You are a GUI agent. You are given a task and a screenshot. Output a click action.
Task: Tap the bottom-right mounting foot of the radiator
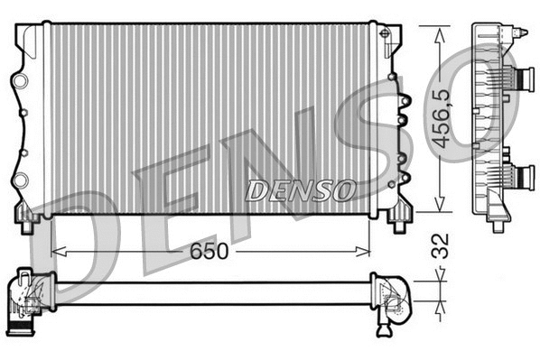(x=398, y=217)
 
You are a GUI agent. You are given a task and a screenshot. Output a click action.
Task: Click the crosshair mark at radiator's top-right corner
(x=386, y=34)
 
